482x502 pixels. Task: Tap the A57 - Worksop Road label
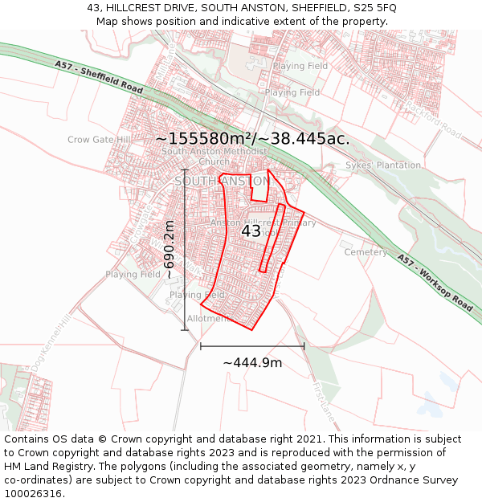coord(435,280)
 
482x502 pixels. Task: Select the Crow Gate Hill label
coord(99,140)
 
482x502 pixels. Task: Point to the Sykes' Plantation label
coord(383,165)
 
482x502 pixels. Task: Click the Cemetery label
coord(366,252)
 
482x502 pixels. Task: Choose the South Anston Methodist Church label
coord(214,156)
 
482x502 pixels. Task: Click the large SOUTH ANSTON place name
coord(223,182)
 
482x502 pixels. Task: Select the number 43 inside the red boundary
coord(251,231)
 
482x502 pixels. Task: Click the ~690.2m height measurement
coord(170,249)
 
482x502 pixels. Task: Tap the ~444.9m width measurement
coord(252,363)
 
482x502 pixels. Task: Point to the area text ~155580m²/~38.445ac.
coord(253,138)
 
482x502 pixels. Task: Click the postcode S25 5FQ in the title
coord(370,7)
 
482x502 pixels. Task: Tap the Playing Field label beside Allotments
coord(197,296)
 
